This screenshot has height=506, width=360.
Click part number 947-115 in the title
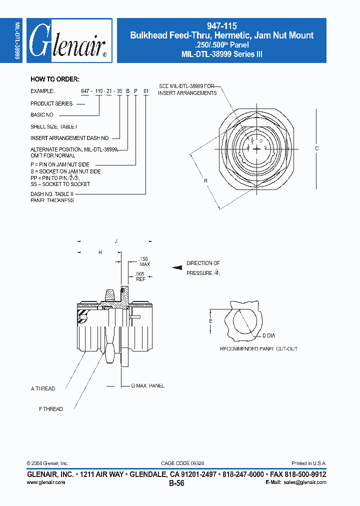[221, 26]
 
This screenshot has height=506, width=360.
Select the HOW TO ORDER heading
[54, 79]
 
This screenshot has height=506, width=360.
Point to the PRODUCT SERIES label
[51, 103]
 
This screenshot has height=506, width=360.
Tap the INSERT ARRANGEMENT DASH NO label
[69, 137]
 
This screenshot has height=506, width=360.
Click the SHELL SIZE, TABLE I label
[54, 126]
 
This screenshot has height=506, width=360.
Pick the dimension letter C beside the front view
[317, 148]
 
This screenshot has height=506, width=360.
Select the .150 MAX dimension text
[144, 261]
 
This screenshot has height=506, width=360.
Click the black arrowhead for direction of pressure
[176, 267]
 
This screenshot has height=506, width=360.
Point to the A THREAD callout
[43, 388]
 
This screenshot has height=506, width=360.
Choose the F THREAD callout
[51, 409]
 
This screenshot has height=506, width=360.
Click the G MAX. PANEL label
[147, 385]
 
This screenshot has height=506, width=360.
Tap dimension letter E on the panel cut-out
[210, 320]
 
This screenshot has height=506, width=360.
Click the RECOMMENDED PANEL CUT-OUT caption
[258, 348]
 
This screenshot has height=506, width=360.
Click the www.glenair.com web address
[45, 482]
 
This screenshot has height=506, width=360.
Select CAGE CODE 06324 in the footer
[182, 463]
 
